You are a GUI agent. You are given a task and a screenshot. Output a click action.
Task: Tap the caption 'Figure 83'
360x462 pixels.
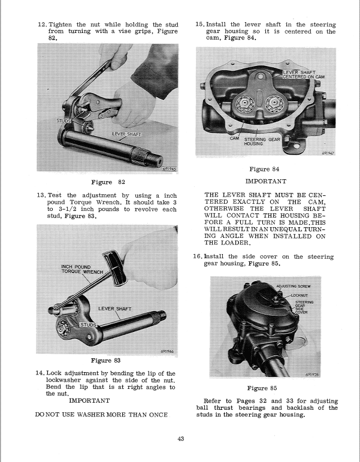(x=105, y=360)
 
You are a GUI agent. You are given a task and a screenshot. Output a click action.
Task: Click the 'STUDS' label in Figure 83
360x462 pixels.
(x=89, y=324)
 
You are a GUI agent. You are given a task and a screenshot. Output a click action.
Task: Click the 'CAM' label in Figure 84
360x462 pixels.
(x=235, y=138)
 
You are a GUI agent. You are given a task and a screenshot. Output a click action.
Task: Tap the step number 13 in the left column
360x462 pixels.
(x=41, y=195)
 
